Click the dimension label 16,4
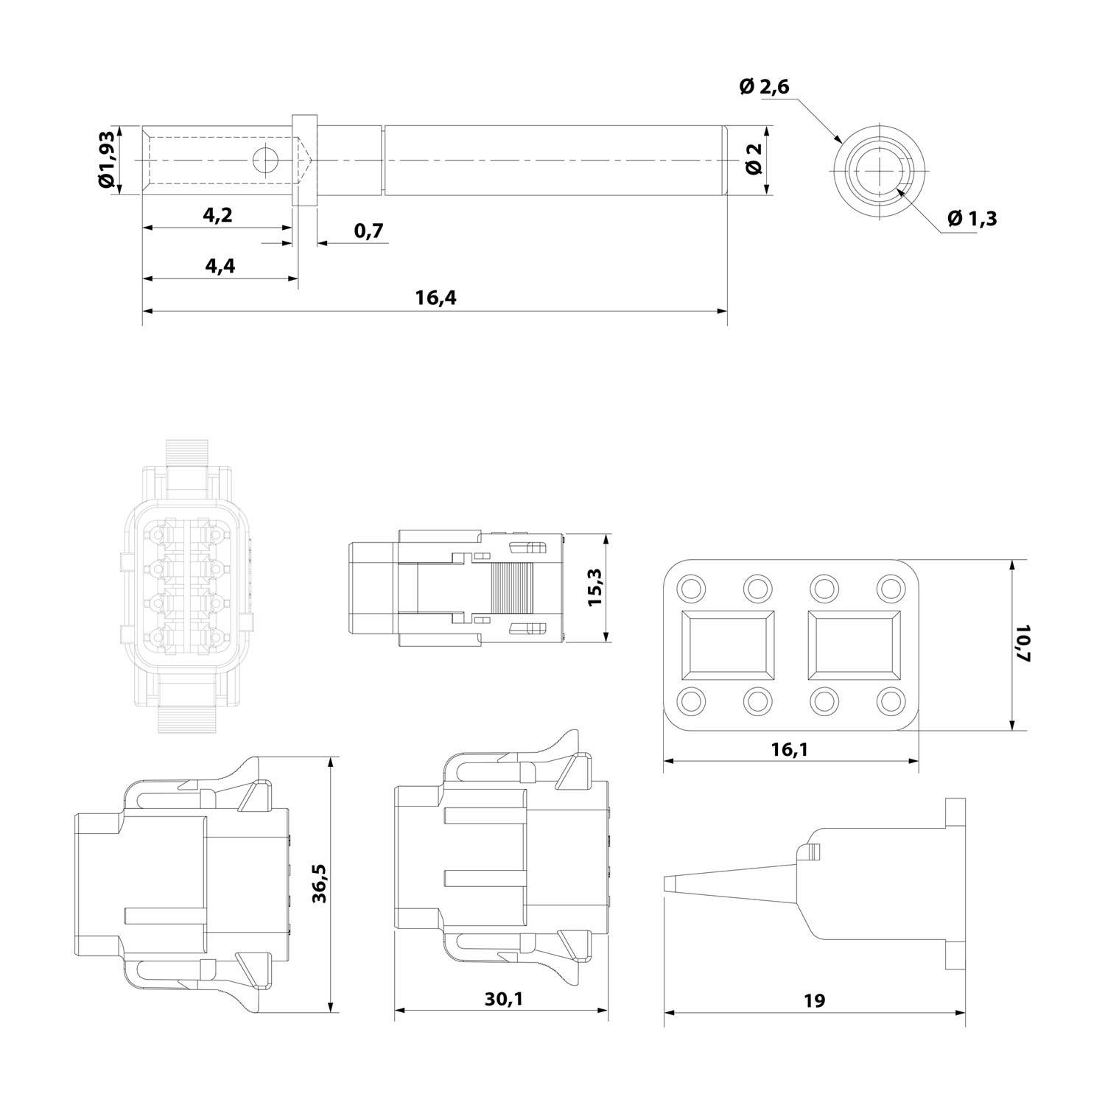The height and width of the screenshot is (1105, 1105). [436, 298]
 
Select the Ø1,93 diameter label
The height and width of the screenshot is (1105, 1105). [108, 160]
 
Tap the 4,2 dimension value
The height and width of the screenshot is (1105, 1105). [217, 214]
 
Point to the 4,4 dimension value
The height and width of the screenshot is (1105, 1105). [220, 265]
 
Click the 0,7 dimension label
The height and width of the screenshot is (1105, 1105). [368, 231]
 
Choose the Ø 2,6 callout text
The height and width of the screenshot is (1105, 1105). [764, 87]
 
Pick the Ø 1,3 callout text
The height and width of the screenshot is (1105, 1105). [972, 218]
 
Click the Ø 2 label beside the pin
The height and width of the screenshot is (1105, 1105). [754, 159]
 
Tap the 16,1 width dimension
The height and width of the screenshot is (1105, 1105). [790, 749]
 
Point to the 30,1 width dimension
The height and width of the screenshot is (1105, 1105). [504, 999]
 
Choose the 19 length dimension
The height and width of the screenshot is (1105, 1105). [815, 1000]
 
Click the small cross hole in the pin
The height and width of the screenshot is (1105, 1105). [264, 160]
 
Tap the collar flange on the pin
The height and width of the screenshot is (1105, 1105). [304, 160]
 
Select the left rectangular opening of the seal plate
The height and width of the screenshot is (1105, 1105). [728, 645]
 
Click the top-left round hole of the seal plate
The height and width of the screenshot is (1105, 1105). [692, 588]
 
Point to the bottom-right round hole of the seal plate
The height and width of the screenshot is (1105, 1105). [891, 700]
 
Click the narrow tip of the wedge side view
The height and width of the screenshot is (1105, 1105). [672, 883]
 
